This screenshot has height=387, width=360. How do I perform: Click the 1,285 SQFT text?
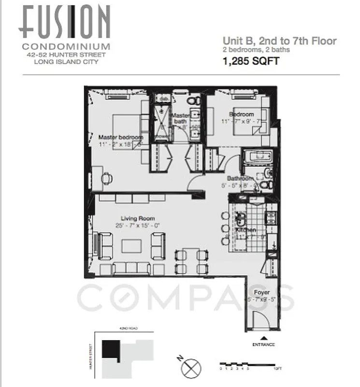[251, 61]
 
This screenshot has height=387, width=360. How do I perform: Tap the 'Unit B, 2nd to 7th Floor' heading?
[279, 41]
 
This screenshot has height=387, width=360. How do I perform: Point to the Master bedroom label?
[120, 137]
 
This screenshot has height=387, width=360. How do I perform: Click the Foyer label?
[261, 293]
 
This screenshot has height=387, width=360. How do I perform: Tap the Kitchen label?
[246, 230]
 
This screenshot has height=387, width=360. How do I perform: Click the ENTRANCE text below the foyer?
[263, 344]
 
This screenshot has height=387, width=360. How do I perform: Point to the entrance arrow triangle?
[263, 338]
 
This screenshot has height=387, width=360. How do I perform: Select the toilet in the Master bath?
[194, 101]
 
